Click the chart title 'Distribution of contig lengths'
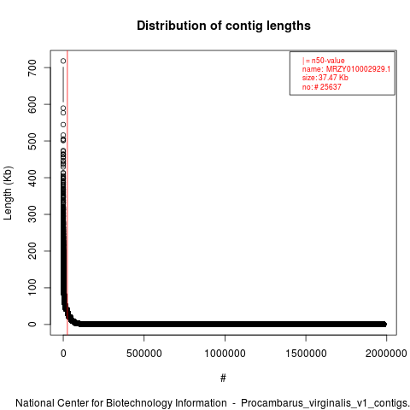click(x=224, y=26)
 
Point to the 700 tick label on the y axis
click(x=32, y=67)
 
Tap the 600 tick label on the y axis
click(x=32, y=104)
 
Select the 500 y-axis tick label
click(x=32, y=141)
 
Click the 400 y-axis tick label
click(x=32, y=178)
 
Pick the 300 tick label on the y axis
click(x=32, y=214)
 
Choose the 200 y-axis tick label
click(x=32, y=251)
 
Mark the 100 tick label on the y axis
click(x=32, y=288)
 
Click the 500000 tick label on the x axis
click(x=144, y=354)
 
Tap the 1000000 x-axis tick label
click(x=225, y=354)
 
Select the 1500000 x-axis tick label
click(x=306, y=354)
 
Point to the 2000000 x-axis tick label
click(x=386, y=354)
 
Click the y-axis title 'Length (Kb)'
click(x=8, y=193)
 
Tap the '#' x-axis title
click(x=223, y=378)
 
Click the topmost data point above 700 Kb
click(x=63, y=61)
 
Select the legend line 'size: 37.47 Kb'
click(x=325, y=78)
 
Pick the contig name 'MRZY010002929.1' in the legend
click(x=358, y=69)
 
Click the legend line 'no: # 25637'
click(x=322, y=87)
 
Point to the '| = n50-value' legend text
click(x=324, y=61)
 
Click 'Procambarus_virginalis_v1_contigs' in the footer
click(x=324, y=403)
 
